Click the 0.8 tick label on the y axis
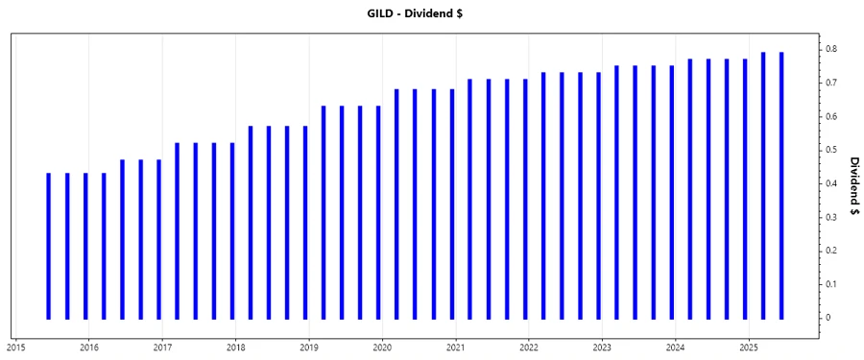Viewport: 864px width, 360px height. pyautogui.click(x=831, y=49)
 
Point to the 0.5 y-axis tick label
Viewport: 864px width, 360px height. pyautogui.click(x=831, y=150)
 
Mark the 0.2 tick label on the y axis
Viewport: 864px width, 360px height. pyautogui.click(x=831, y=251)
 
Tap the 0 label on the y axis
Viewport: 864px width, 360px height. pyautogui.click(x=831, y=318)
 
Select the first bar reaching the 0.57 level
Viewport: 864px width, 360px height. pyautogui.click(x=251, y=222)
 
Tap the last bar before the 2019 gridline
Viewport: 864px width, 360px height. pyautogui.click(x=305, y=222)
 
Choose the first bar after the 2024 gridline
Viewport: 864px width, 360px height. pyautogui.click(x=689, y=188)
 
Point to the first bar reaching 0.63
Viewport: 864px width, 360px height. pyautogui.click(x=324, y=211)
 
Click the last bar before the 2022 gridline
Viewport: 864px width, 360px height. pyautogui.click(x=525, y=198)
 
